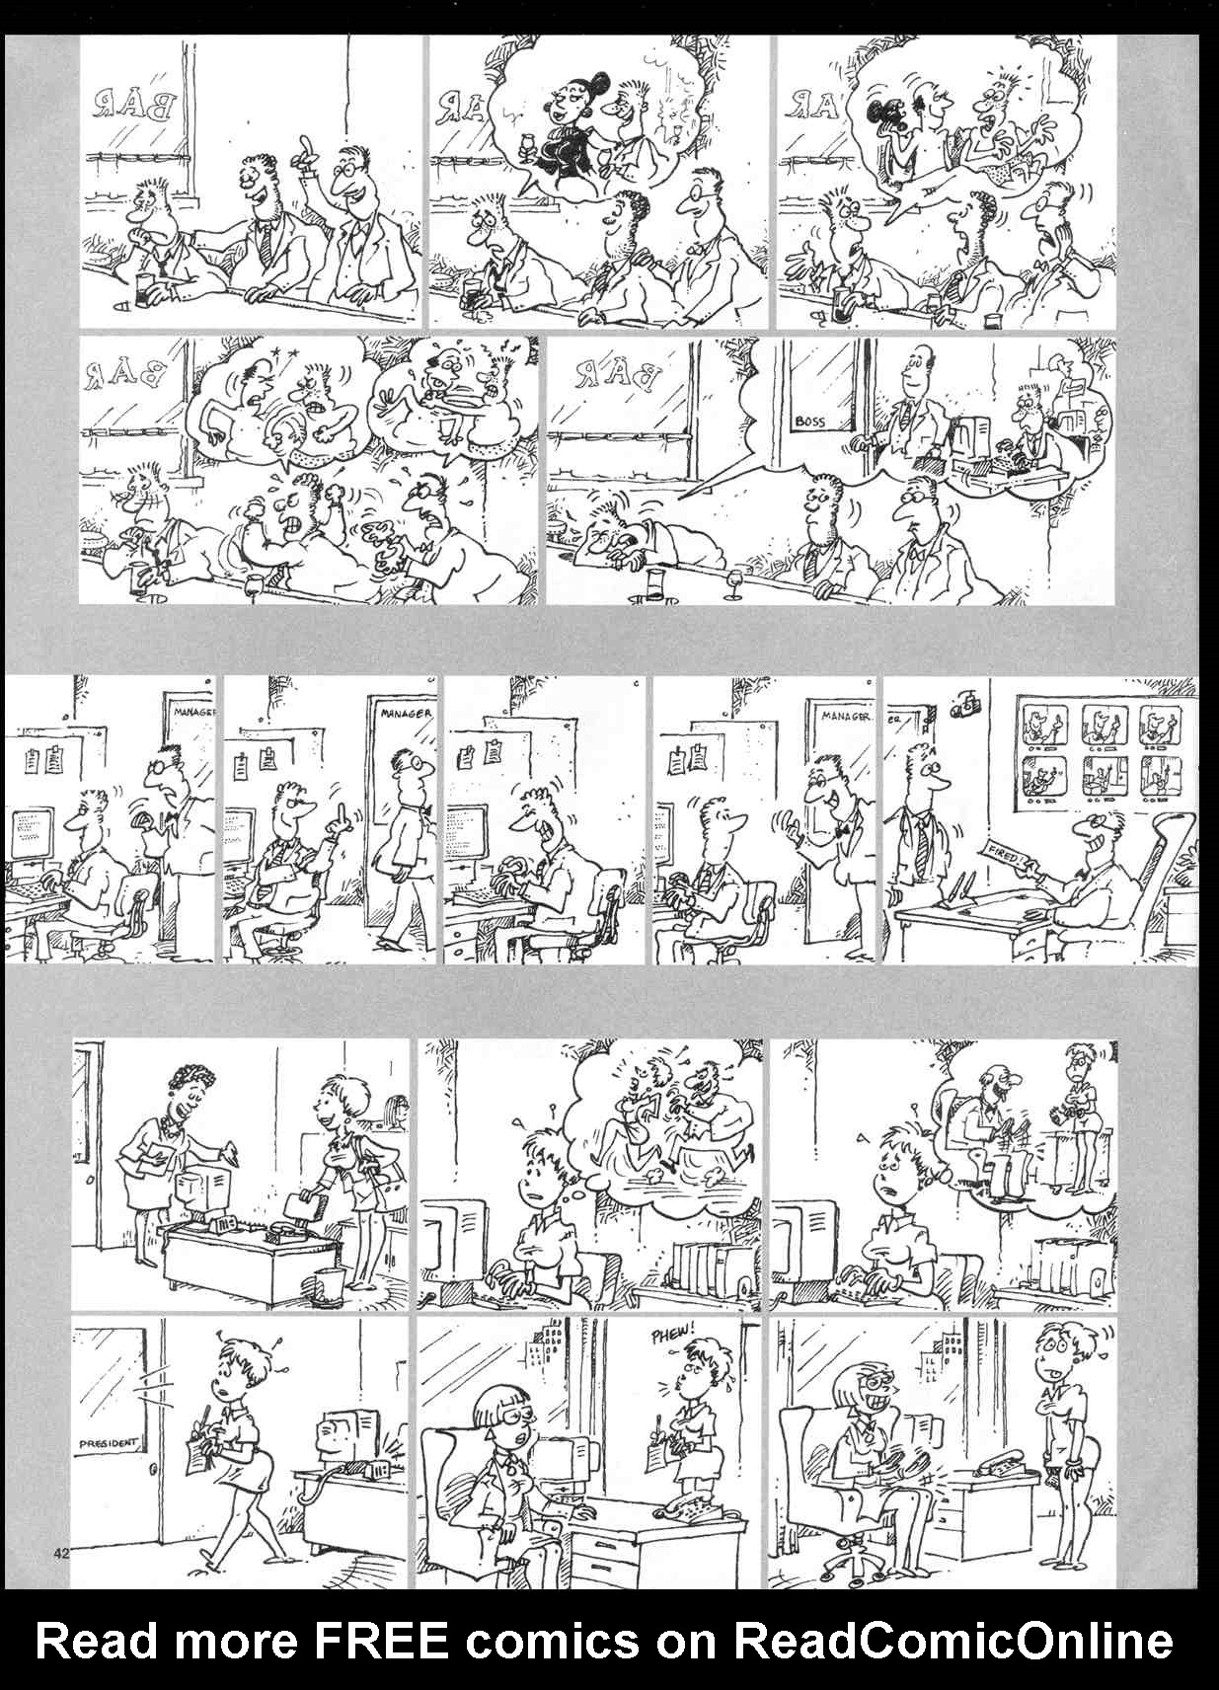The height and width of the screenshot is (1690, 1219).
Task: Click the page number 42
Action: (x=62, y=1554)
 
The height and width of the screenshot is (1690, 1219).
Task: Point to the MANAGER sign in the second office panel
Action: (x=404, y=711)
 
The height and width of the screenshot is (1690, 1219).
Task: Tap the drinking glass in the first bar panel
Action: (x=145, y=289)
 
